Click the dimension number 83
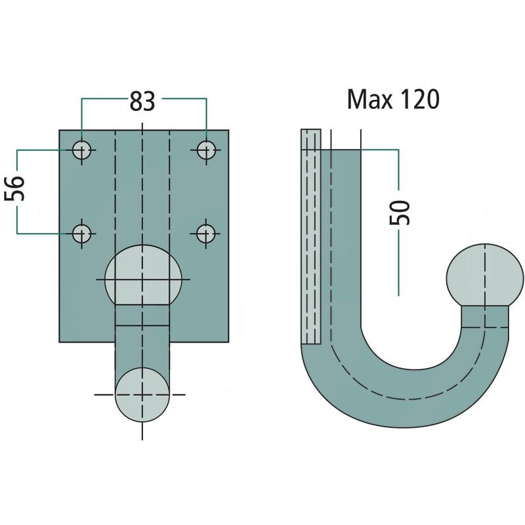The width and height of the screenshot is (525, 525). [x=142, y=101]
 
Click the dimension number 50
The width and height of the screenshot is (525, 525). [x=402, y=211]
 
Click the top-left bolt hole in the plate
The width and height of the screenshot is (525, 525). [x=82, y=150]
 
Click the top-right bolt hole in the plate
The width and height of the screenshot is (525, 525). [x=206, y=150]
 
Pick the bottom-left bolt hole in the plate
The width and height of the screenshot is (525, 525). [x=82, y=233]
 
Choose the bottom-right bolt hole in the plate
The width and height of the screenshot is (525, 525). [x=206, y=233]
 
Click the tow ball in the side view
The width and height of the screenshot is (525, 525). [x=485, y=275]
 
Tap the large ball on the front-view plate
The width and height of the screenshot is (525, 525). [x=143, y=275]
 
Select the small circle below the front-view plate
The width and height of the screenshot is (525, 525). [x=142, y=395]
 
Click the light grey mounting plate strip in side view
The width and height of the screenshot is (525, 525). [x=310, y=236]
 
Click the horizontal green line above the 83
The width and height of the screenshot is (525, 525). [x=105, y=99]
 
